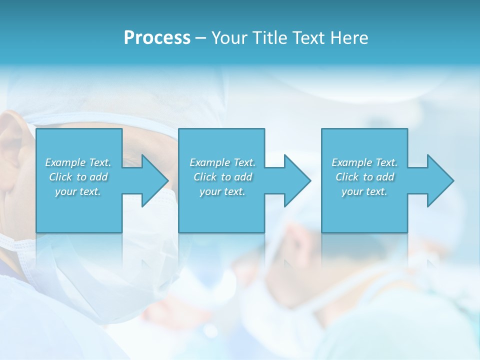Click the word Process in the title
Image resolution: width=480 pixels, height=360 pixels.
[157, 38]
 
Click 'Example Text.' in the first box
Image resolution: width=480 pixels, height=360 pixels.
[78, 162]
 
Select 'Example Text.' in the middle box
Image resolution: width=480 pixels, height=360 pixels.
[222, 162]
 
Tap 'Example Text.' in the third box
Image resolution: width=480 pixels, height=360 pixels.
[364, 162]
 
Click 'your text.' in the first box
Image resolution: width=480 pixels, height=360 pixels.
[78, 191]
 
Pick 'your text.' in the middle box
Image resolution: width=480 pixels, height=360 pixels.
[222, 191]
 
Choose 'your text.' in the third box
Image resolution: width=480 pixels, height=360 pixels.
[364, 191]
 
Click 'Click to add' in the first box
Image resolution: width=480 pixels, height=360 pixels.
[78, 177]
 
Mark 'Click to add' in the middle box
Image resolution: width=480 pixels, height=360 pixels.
[222, 177]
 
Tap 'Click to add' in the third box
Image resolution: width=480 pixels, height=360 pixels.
[364, 177]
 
